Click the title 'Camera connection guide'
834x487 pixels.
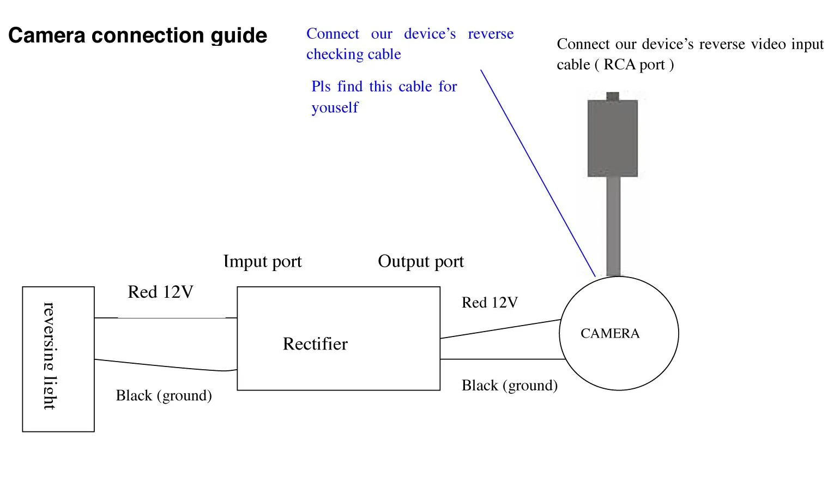click(137, 35)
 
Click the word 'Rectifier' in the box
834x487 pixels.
click(315, 344)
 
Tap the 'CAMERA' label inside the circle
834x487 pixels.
click(610, 333)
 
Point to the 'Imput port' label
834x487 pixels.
click(262, 262)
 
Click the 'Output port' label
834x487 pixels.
click(421, 262)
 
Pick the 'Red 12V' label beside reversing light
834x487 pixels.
click(160, 292)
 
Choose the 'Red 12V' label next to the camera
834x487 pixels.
click(489, 303)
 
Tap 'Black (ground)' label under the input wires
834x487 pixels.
click(164, 395)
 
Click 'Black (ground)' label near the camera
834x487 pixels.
click(510, 386)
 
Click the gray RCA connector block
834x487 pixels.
click(613, 139)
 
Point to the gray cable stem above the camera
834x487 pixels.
click(613, 226)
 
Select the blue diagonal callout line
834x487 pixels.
click(537, 172)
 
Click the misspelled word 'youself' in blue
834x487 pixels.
click(335, 107)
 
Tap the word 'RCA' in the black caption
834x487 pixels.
click(620, 65)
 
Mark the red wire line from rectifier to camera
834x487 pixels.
click(500, 329)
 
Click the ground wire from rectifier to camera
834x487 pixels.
click(501, 359)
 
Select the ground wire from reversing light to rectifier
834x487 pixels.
click(164, 365)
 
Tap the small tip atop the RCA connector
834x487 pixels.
click(613, 97)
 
